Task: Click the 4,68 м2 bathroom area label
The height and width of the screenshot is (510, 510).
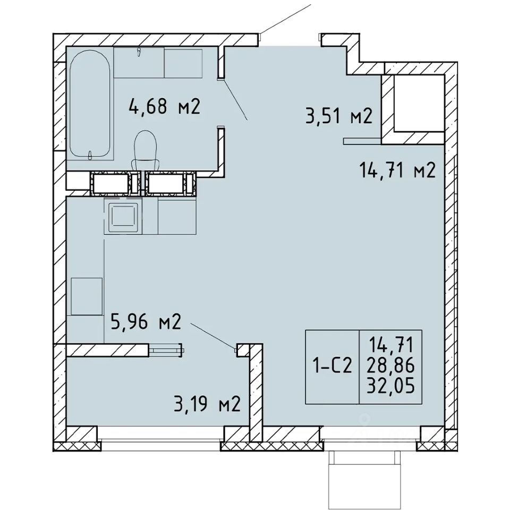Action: pyautogui.click(x=164, y=106)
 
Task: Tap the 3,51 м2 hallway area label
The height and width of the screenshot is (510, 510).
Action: pyautogui.click(x=338, y=116)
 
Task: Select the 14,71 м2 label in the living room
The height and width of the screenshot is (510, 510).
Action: pyautogui.click(x=397, y=171)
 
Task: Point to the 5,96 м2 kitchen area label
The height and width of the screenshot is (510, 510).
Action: pyautogui.click(x=146, y=322)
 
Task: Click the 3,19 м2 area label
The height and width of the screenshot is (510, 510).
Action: pyautogui.click(x=207, y=404)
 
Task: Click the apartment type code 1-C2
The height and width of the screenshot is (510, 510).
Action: pyautogui.click(x=332, y=367)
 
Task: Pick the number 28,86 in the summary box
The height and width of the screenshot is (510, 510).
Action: pyautogui.click(x=390, y=367)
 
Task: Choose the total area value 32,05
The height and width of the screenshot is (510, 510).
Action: pyautogui.click(x=390, y=386)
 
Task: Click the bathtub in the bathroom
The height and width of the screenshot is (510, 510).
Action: pyautogui.click(x=90, y=104)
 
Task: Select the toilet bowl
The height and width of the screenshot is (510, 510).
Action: pyautogui.click(x=146, y=150)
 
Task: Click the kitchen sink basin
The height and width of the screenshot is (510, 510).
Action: pyautogui.click(x=123, y=215)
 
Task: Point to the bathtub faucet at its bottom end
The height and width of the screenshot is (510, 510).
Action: pyautogui.click(x=90, y=155)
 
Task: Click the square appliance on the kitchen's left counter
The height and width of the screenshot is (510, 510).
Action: pyautogui.click(x=87, y=296)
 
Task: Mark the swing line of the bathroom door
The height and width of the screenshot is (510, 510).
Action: pyautogui.click(x=234, y=99)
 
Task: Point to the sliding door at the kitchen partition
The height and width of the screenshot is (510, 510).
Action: pyautogui.click(x=166, y=350)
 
